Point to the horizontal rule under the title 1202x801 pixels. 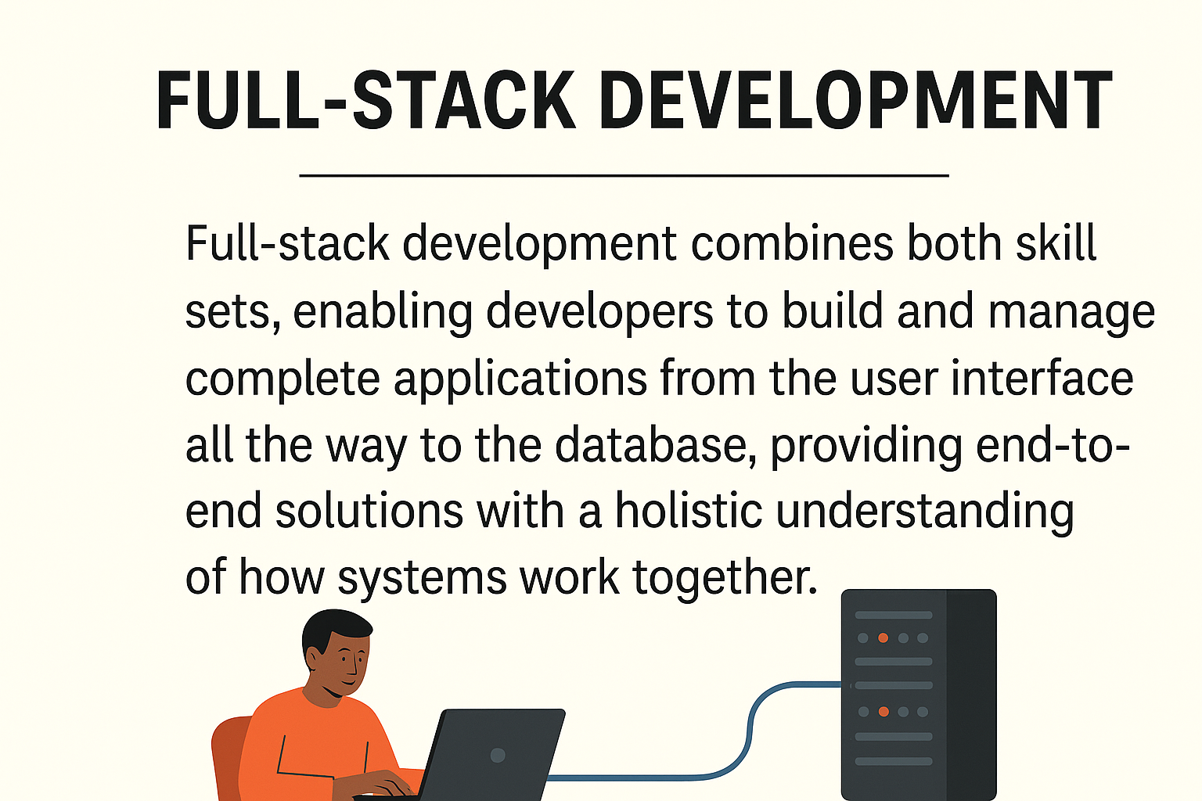[624, 176]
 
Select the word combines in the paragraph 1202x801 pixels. [792, 244]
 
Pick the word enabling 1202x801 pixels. [383, 312]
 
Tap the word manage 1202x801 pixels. [1071, 312]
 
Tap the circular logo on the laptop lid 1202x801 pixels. [497, 756]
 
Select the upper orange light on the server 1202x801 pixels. [883, 638]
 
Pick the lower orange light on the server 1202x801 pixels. [884, 712]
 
